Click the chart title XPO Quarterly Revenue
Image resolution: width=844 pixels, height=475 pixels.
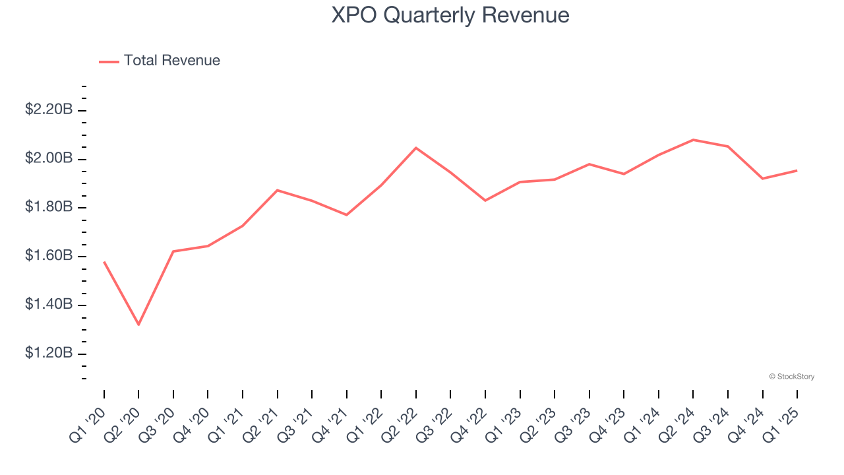click(x=450, y=15)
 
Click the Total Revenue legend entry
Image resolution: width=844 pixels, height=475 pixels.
click(x=160, y=61)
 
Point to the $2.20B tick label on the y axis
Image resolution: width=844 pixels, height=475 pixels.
click(x=48, y=110)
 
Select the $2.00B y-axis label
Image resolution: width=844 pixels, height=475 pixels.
click(x=48, y=159)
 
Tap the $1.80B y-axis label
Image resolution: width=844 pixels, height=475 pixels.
click(x=48, y=208)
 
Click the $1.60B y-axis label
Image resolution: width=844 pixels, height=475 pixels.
click(x=48, y=257)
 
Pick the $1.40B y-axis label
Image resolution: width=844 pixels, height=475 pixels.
click(x=48, y=305)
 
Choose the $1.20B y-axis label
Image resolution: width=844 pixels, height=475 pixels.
click(x=48, y=354)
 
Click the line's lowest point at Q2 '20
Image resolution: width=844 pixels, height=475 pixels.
click(x=138, y=325)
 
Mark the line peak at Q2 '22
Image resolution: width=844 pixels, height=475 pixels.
click(x=416, y=148)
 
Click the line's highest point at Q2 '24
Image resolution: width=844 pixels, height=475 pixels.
click(x=693, y=140)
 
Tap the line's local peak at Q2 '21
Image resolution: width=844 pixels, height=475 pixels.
click(x=277, y=190)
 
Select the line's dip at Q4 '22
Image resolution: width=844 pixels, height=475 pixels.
click(x=485, y=201)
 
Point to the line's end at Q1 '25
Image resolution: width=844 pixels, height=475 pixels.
click(x=797, y=170)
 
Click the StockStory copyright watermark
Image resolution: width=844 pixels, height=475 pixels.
click(x=791, y=377)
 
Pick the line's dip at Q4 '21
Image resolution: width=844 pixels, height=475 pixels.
click(x=346, y=214)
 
